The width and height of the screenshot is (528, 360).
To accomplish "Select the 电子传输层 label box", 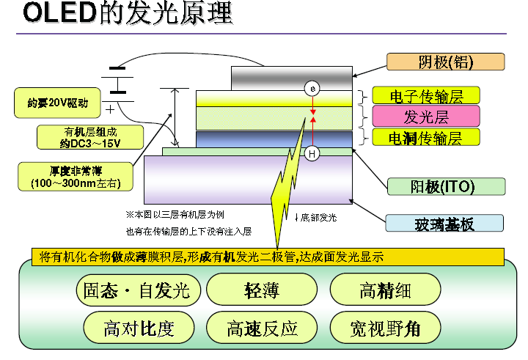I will [x=426, y=95].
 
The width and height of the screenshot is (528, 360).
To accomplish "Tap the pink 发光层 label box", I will [x=426, y=116].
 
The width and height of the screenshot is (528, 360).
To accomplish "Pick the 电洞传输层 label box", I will [x=426, y=136].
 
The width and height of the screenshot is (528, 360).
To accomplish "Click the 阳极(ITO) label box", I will [x=446, y=186].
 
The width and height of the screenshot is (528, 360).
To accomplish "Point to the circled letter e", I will [x=312, y=89].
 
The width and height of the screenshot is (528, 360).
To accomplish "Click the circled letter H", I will [x=312, y=154].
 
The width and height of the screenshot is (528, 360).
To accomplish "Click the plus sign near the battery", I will [x=109, y=109].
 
